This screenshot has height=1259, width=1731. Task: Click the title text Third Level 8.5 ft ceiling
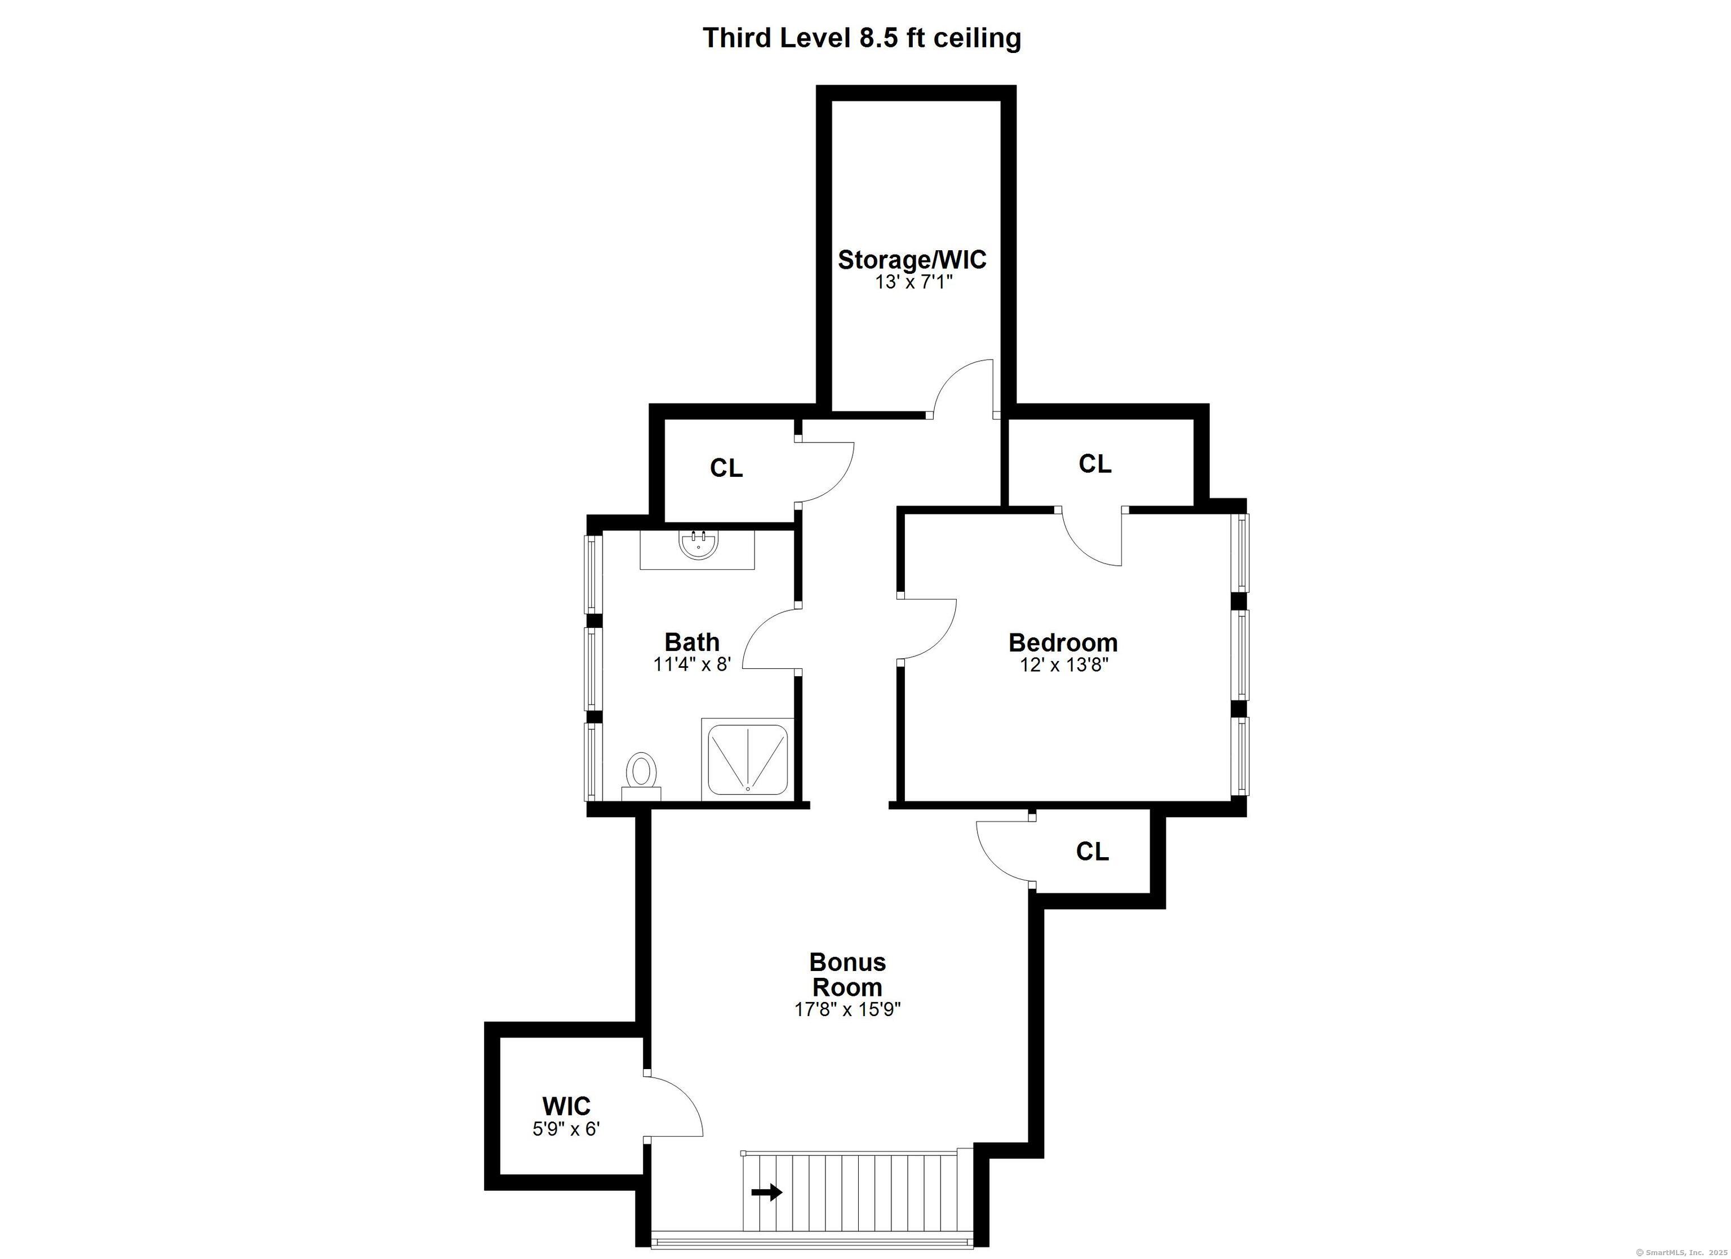tap(861, 37)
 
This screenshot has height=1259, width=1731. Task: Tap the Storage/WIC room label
tap(912, 260)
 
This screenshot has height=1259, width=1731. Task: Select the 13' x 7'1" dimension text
tap(913, 282)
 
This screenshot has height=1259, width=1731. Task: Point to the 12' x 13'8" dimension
tap(1063, 665)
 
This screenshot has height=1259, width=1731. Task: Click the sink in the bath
tap(698, 545)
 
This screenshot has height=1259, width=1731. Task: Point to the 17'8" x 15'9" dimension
tap(847, 1009)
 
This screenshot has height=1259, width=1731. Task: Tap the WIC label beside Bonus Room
tap(566, 1106)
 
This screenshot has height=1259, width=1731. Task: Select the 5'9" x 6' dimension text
tap(566, 1128)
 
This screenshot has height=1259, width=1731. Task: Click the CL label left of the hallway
tap(726, 468)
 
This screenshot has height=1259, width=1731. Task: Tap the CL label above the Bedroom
tap(1094, 463)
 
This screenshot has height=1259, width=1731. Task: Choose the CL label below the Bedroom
tap(1092, 852)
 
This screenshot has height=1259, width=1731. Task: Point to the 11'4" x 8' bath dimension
tap(693, 664)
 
